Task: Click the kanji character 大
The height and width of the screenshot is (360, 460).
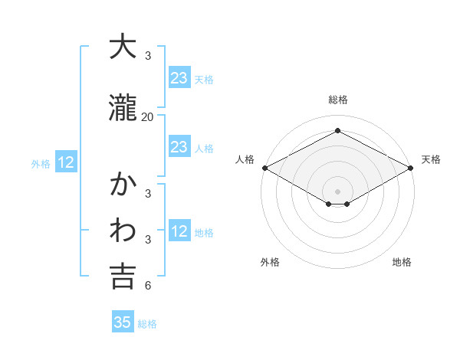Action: tap(123, 47)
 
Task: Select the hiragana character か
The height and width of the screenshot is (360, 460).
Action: tap(123, 186)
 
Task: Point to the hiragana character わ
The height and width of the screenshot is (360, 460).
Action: tap(123, 231)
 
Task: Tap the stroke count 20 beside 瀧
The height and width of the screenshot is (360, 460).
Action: tap(148, 117)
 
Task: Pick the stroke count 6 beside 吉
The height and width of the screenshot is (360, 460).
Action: tap(148, 286)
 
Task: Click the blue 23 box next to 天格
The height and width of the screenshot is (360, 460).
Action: tap(179, 77)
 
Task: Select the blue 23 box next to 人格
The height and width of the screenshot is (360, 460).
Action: tap(179, 147)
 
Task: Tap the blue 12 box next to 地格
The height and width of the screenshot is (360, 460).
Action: tap(179, 231)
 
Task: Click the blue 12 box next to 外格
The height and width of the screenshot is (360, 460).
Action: tap(66, 162)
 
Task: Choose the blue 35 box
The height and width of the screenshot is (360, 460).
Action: tap(123, 322)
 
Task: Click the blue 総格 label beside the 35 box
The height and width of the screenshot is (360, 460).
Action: tap(147, 324)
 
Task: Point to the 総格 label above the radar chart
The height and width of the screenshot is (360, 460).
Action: tap(338, 100)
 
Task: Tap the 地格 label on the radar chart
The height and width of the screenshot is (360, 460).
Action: tap(402, 262)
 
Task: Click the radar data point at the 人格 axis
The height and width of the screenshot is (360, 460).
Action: tap(264, 168)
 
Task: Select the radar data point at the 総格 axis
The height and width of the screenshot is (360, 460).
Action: tap(338, 131)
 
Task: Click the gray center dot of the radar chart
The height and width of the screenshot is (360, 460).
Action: tap(338, 191)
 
